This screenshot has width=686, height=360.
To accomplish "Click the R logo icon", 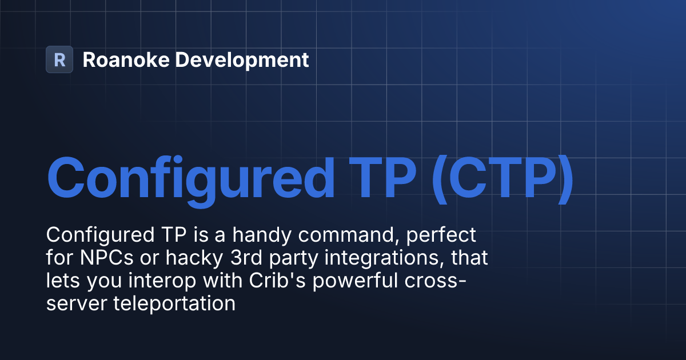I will point(59,59).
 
